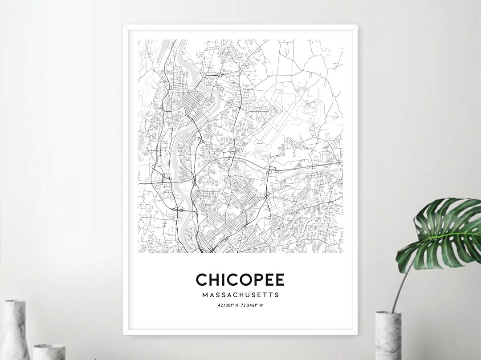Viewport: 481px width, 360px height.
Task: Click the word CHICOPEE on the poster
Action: point(240,279)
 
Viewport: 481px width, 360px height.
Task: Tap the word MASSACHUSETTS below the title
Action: point(240,295)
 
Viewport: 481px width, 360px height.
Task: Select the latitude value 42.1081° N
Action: point(228,305)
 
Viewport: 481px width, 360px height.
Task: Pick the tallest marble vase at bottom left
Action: point(15,329)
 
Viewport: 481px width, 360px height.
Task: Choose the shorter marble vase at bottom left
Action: point(49,351)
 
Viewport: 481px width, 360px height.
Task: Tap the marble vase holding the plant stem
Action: point(388,336)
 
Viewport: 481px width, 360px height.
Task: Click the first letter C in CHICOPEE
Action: point(202,279)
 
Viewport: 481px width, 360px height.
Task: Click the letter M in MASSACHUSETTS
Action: point(204,295)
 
